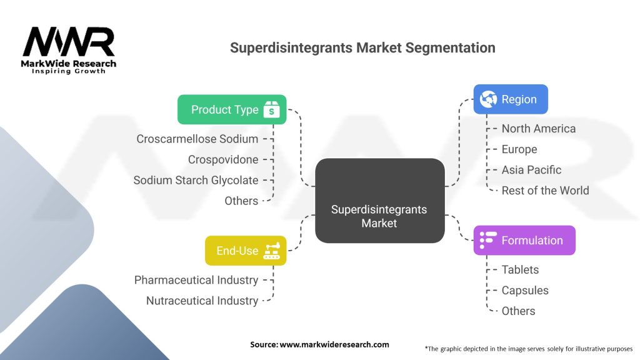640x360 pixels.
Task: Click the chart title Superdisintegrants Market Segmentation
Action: coord(362,47)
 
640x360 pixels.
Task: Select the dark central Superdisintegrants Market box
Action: coord(379,201)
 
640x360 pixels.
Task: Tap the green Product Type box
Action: coord(232,109)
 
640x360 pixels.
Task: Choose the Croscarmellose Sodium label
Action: coord(197,139)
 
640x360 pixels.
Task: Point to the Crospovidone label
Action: coord(223,159)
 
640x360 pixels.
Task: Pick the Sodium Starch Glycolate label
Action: coord(196,180)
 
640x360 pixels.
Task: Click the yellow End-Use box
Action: coord(246,251)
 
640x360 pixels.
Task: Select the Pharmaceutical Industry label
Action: coord(196,280)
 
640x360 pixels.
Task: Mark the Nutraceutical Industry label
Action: coord(202,301)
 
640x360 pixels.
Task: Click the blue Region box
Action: coord(510,99)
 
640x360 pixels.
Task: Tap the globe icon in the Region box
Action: coord(489,99)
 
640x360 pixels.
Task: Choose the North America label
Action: coord(538,129)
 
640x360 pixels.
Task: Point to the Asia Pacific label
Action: coord(531,170)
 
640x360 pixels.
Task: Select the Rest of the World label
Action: coord(545,191)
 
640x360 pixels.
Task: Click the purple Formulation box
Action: coord(524,241)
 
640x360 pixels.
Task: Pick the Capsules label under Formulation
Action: coord(525,291)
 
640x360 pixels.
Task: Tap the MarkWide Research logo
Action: coord(69,50)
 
